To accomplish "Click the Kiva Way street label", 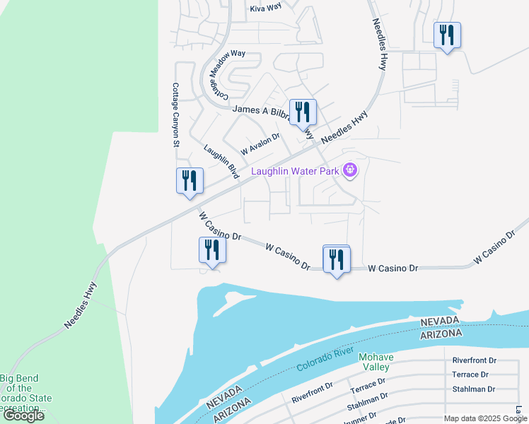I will coord(265,7).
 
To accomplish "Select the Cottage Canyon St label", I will coord(176,115).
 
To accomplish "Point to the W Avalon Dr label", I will coord(260,144).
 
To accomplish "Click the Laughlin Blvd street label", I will coord(220,161).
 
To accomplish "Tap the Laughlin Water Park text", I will coord(294,170).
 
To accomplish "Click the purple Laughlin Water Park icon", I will coord(349,170).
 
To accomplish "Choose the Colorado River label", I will coord(323,362).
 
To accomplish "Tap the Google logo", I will coord(23,416).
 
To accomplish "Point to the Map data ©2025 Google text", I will coord(484,418).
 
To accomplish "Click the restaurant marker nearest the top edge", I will coord(447,35).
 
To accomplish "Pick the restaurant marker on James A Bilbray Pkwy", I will coord(303,112).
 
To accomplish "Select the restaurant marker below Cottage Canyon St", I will coord(190,180).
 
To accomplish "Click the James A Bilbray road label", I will coord(262,110).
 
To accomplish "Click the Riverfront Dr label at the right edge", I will coord(475,360).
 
